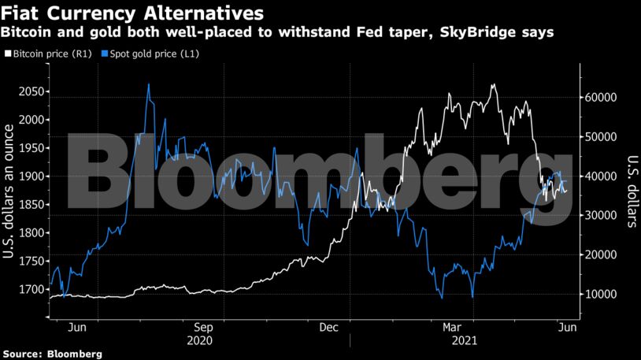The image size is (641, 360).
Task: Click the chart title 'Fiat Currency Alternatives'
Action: [132, 13]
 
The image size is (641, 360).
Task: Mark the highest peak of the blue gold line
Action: [149, 84]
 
